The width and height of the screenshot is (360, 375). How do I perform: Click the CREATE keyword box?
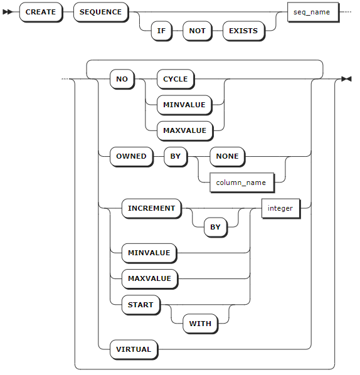click(x=41, y=12)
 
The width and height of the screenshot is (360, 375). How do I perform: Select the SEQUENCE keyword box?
click(x=101, y=12)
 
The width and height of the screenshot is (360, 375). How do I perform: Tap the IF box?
click(x=161, y=31)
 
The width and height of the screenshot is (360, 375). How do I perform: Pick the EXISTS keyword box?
click(x=243, y=31)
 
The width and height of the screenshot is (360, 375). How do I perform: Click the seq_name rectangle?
click(x=313, y=12)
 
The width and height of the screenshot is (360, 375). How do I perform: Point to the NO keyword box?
click(x=122, y=79)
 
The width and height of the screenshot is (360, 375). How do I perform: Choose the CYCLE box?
click(x=176, y=79)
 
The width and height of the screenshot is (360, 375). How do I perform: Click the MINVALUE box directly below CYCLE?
click(x=184, y=105)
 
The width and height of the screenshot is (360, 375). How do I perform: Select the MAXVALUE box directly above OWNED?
click(x=185, y=130)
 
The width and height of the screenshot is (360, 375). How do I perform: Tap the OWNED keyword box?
click(x=131, y=156)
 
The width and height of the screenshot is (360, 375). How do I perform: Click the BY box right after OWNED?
click(x=176, y=156)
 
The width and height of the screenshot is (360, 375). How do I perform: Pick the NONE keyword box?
click(x=228, y=156)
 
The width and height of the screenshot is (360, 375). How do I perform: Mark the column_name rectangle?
click(x=242, y=182)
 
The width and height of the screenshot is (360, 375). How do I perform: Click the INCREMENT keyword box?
click(x=152, y=208)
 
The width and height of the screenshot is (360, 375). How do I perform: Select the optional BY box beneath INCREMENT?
click(x=216, y=227)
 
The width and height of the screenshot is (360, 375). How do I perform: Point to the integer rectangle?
click(x=281, y=208)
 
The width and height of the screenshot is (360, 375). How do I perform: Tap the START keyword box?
click(x=140, y=305)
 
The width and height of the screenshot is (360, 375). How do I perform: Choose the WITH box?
click(x=201, y=324)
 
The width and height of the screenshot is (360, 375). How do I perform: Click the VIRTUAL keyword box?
click(x=134, y=349)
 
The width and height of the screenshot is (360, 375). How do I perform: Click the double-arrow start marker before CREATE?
click(x=8, y=12)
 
